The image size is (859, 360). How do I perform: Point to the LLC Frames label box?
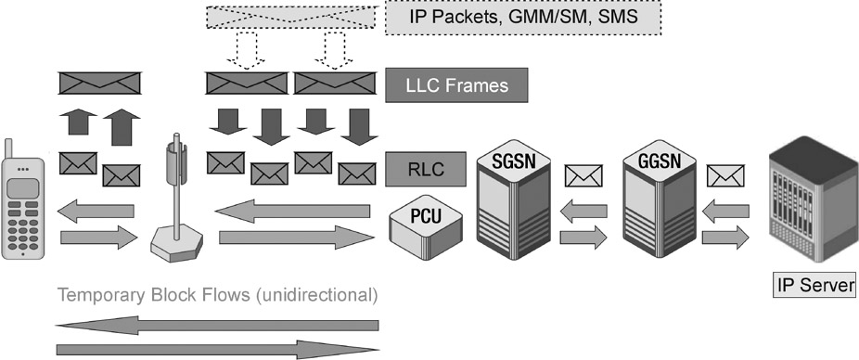coord(457,86)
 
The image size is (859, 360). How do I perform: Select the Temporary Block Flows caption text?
coord(218,297)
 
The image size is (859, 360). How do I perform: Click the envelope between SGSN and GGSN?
coord(583,174)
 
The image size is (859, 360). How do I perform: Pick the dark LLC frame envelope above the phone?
coord(99,84)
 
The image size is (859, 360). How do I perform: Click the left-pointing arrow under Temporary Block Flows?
coord(218,325)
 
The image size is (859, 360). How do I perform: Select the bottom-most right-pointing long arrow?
coord(218,350)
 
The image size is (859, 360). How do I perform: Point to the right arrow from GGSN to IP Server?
coord(726,238)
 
